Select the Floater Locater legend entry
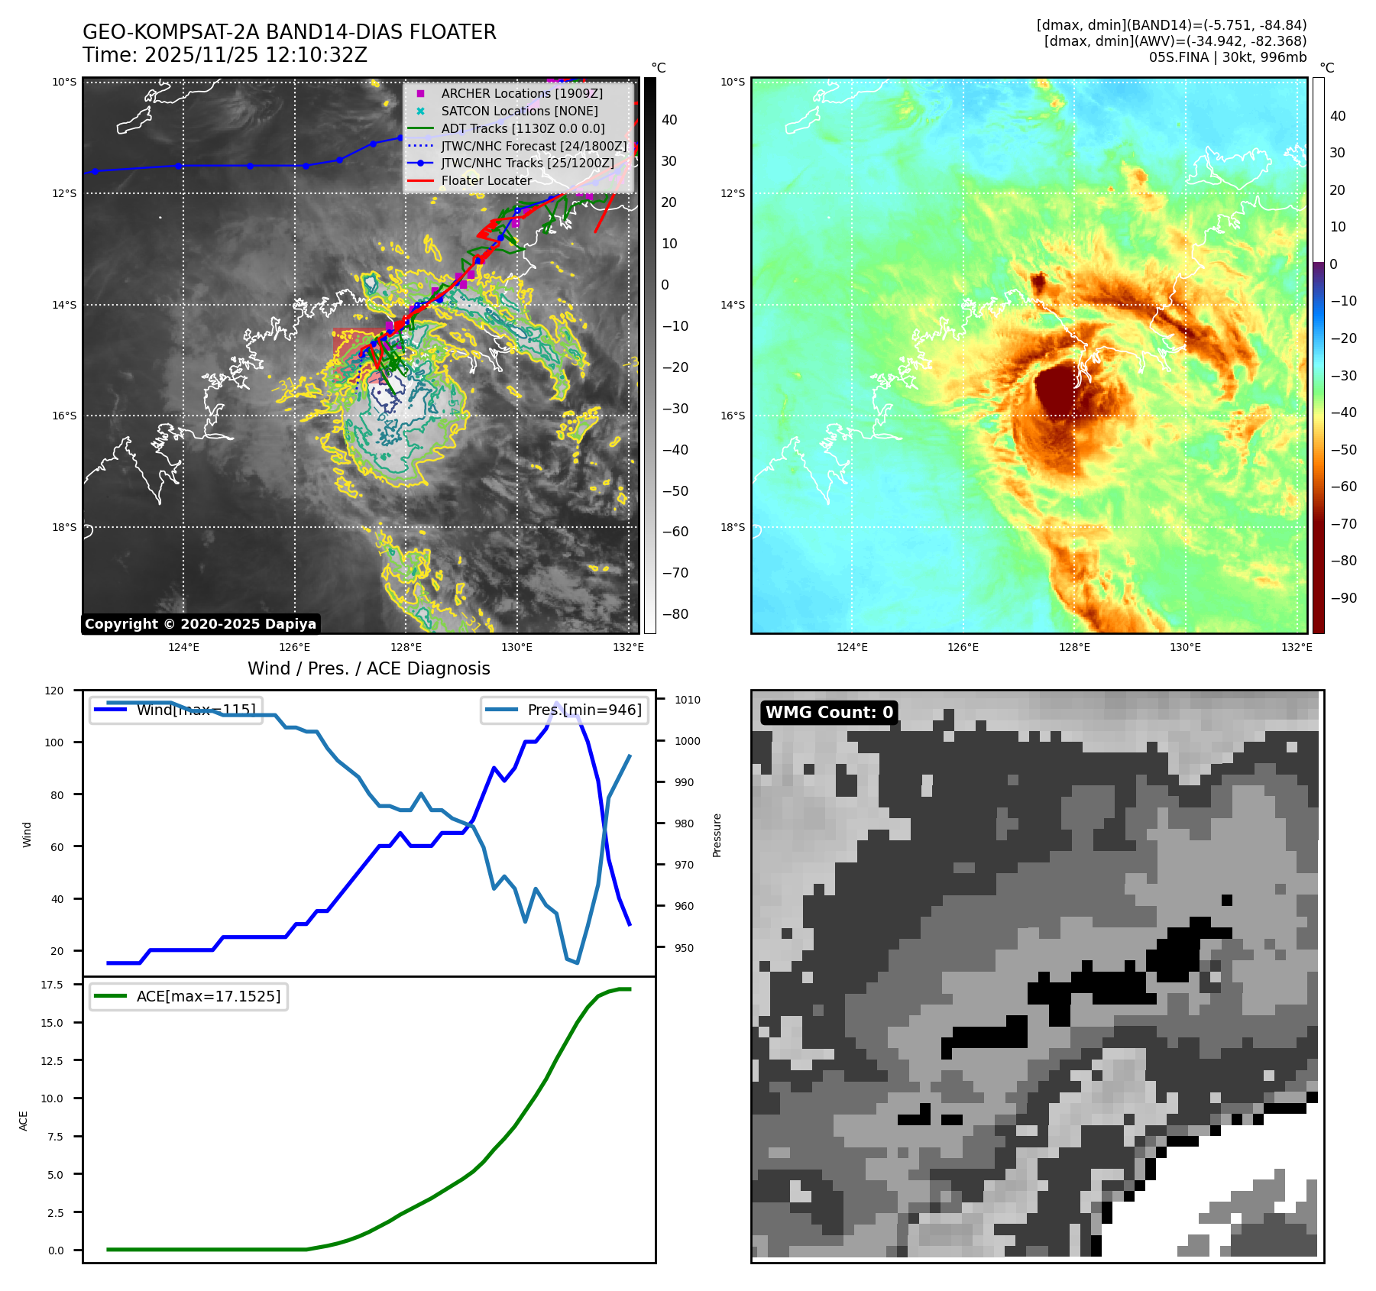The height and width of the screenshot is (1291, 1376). click(486, 181)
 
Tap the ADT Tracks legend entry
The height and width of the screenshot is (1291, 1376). click(523, 128)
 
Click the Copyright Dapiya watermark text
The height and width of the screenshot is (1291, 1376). click(200, 624)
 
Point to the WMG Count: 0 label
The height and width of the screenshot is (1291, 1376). click(829, 713)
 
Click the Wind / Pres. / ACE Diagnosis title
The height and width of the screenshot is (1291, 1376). click(368, 668)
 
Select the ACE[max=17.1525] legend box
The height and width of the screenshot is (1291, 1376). click(189, 996)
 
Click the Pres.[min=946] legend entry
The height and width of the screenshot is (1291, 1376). click(565, 710)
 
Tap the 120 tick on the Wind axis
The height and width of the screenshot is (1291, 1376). click(54, 691)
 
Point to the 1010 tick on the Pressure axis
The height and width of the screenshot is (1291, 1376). click(688, 700)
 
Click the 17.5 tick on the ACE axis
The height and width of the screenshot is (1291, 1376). click(52, 985)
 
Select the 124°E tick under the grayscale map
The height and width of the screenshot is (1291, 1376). click(183, 648)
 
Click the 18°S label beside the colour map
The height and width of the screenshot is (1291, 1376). click(733, 527)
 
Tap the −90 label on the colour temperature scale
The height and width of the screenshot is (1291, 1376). click(1343, 598)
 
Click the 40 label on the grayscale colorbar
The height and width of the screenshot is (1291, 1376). click(669, 120)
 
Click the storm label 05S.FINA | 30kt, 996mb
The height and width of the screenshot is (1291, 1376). click(1227, 57)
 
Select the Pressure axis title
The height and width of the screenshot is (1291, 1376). click(717, 835)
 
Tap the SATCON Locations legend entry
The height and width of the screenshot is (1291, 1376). click(519, 111)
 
